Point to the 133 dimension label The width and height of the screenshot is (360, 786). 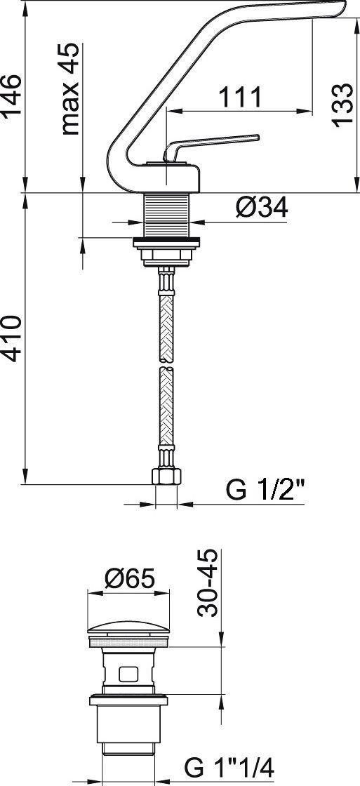(x=342, y=105)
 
